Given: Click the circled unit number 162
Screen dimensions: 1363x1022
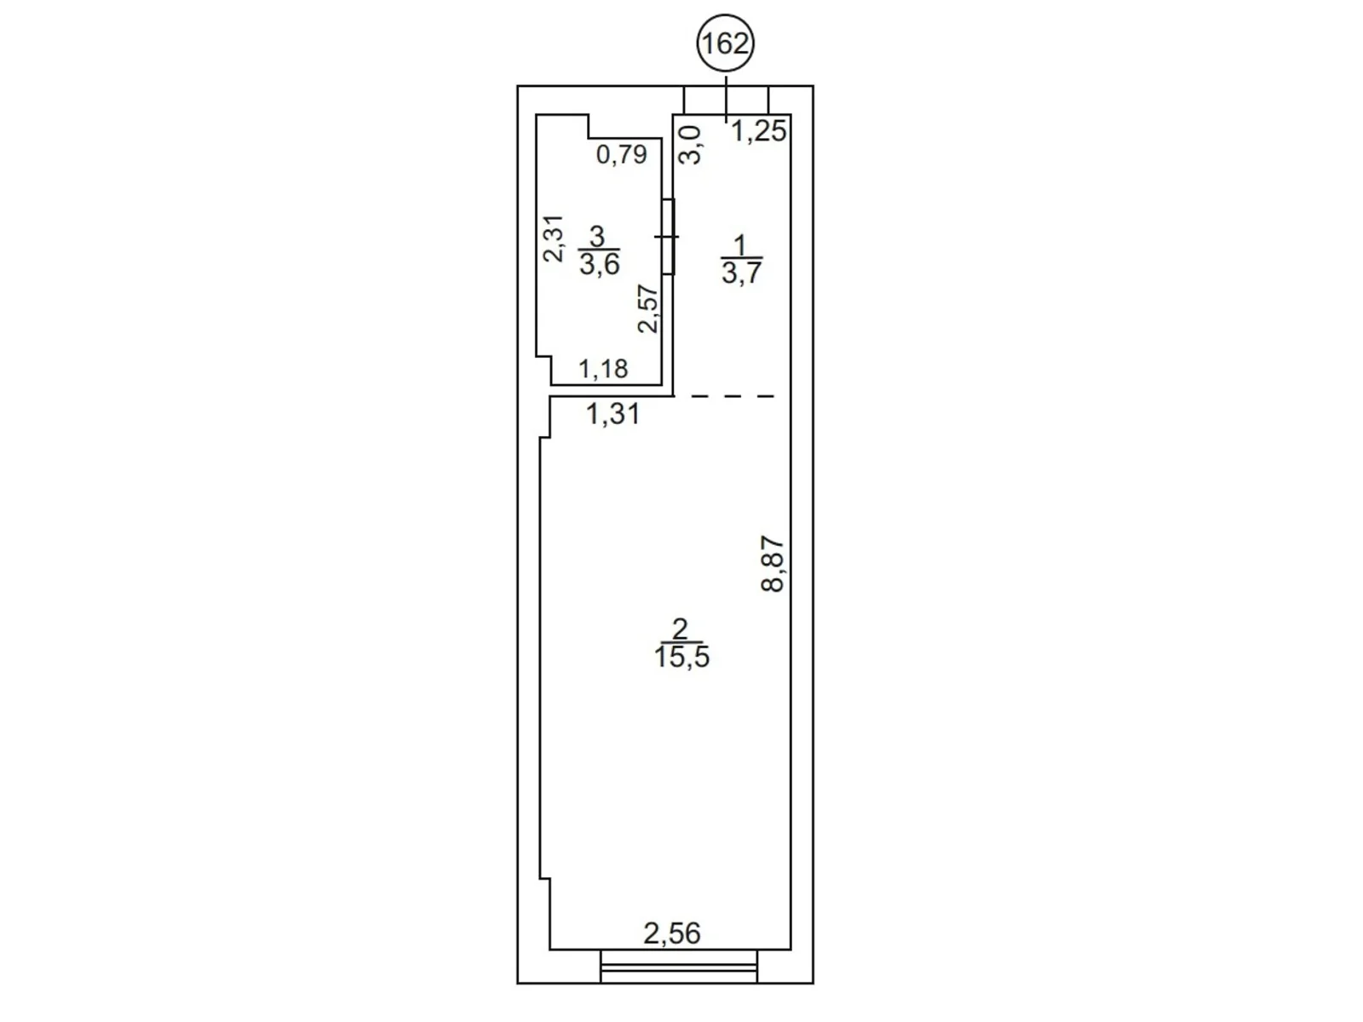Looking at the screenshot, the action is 725,43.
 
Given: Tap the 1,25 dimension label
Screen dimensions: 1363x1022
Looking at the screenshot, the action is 759,131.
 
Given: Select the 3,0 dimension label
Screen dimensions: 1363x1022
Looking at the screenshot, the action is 690,145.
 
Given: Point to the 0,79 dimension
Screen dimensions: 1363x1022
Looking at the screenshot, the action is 622,154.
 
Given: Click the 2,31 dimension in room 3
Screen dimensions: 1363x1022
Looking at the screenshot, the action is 553,238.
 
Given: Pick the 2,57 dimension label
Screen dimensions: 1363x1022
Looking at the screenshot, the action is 647,309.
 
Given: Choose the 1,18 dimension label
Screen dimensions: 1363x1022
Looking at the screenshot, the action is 603,370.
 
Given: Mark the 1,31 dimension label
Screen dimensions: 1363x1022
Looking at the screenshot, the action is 612,414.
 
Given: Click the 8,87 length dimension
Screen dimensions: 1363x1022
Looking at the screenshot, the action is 774,564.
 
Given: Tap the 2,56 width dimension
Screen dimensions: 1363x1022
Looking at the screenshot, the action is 672,933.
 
